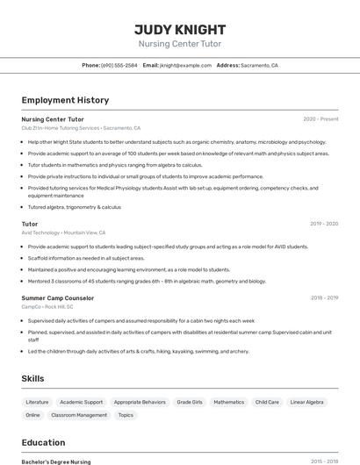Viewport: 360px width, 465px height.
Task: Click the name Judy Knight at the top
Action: click(x=180, y=29)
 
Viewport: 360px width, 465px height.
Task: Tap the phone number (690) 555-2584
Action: click(x=119, y=65)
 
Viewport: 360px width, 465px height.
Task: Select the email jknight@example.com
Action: click(x=185, y=65)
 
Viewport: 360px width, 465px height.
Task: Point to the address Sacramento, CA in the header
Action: click(x=259, y=65)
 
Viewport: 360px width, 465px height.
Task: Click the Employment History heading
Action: click(x=65, y=100)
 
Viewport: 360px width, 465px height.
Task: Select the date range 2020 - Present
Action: click(x=320, y=118)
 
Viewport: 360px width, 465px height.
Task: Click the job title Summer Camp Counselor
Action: click(x=58, y=297)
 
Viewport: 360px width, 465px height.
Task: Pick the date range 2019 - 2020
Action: click(x=324, y=224)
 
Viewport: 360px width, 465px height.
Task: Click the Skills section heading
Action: click(x=33, y=378)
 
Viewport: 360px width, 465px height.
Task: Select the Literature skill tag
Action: click(x=37, y=402)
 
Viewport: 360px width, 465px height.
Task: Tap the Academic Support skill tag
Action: click(x=81, y=402)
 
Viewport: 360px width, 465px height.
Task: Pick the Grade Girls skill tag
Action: click(x=190, y=402)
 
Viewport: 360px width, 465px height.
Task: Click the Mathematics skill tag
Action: click(x=229, y=402)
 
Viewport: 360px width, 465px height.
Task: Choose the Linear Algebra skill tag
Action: click(x=306, y=402)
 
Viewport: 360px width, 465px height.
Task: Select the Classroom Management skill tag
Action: click(x=79, y=415)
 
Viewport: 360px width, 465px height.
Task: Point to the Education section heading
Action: click(x=44, y=442)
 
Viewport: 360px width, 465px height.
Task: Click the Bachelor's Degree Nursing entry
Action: click(x=56, y=461)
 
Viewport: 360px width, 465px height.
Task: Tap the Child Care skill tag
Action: click(x=267, y=402)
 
